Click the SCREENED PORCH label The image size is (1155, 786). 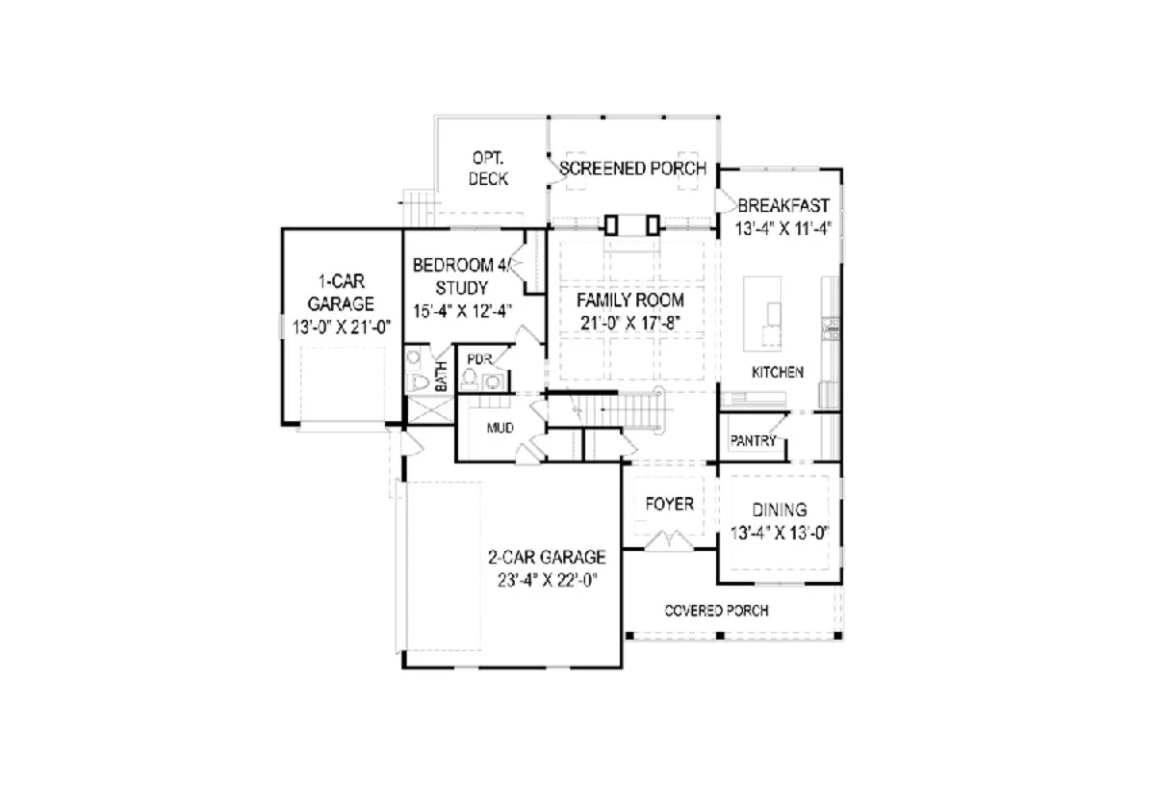tap(632, 169)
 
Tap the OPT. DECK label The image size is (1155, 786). tap(489, 169)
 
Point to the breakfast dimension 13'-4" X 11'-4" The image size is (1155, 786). tap(783, 228)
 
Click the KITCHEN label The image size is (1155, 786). tap(778, 372)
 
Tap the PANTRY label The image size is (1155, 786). tap(753, 441)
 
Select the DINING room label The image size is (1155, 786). tap(780, 511)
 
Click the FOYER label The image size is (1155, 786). tap(669, 505)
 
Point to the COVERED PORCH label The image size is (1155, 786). tap(716, 611)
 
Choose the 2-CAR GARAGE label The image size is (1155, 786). tap(547, 557)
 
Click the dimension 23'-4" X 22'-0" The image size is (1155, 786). tap(547, 580)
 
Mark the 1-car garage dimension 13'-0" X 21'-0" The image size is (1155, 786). tap(340, 327)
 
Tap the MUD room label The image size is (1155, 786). tap(500, 428)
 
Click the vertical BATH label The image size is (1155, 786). tap(441, 376)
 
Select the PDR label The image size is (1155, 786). tap(478, 359)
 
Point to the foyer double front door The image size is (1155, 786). tap(669, 543)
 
